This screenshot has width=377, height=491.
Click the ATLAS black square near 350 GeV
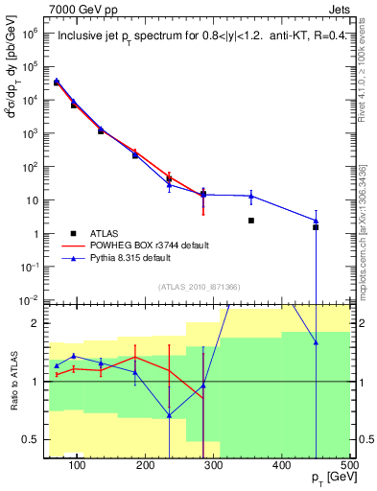coord(250,221)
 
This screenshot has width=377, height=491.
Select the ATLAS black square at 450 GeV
coord(316,227)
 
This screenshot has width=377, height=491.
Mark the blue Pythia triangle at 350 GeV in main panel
coord(250,197)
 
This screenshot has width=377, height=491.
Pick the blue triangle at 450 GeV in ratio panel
coord(316,342)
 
